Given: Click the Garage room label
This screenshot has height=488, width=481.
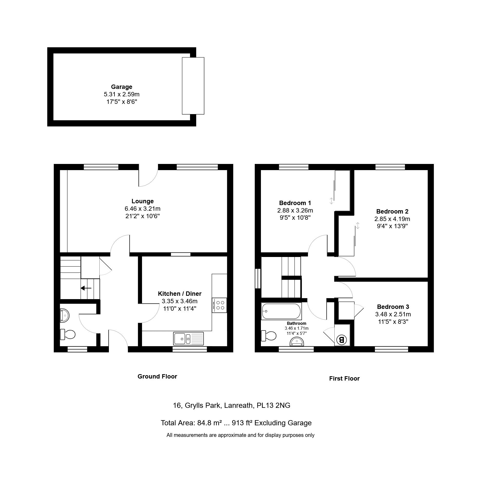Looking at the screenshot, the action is pyautogui.click(x=121, y=87).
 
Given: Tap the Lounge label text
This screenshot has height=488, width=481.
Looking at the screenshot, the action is pyautogui.click(x=143, y=201).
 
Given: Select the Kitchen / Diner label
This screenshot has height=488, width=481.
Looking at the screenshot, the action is pyautogui.click(x=180, y=293).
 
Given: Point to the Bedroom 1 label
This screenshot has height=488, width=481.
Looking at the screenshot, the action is pyautogui.click(x=295, y=203).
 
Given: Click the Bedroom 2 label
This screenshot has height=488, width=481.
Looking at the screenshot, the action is pyautogui.click(x=392, y=211).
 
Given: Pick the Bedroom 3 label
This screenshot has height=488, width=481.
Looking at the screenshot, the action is pyautogui.click(x=393, y=307).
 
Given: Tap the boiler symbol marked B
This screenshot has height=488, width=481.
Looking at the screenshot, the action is pyautogui.click(x=342, y=340).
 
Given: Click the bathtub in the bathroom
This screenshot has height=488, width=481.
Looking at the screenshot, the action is pyautogui.click(x=281, y=311).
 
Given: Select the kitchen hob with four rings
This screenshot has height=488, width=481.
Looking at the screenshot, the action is pyautogui.click(x=219, y=305).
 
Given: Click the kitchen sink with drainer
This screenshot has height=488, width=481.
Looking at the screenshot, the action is pyautogui.click(x=188, y=338).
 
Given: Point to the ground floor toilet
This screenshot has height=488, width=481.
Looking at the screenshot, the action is pyautogui.click(x=68, y=334).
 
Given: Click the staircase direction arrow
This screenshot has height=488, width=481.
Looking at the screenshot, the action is pyautogui.click(x=86, y=288).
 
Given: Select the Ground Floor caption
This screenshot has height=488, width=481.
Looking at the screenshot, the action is pyautogui.click(x=157, y=376).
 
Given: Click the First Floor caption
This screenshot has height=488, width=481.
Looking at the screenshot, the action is pyautogui.click(x=344, y=379).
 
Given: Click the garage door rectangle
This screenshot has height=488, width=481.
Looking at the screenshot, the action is pyautogui.click(x=193, y=86).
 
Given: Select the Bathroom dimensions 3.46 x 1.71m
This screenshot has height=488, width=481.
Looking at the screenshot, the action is pyautogui.click(x=297, y=328).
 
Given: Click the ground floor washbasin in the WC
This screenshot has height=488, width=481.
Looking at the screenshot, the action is pyautogui.click(x=65, y=316).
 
